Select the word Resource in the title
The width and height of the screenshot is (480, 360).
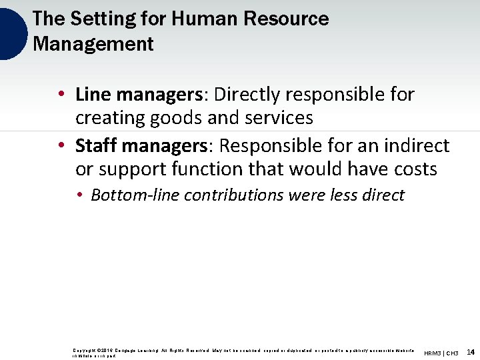pos(288,19)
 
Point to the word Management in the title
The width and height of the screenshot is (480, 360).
pos(93,44)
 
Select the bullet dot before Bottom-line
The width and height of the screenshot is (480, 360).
pos(79,195)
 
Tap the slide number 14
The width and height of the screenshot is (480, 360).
pos(471,352)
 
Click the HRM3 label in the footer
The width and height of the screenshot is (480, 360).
pos(433,353)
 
